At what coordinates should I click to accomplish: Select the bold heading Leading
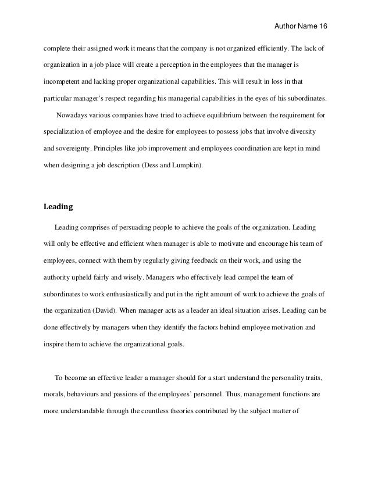[x=60, y=206]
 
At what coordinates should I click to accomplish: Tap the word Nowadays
[x=74, y=114]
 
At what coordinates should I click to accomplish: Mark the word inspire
[x=54, y=343]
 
